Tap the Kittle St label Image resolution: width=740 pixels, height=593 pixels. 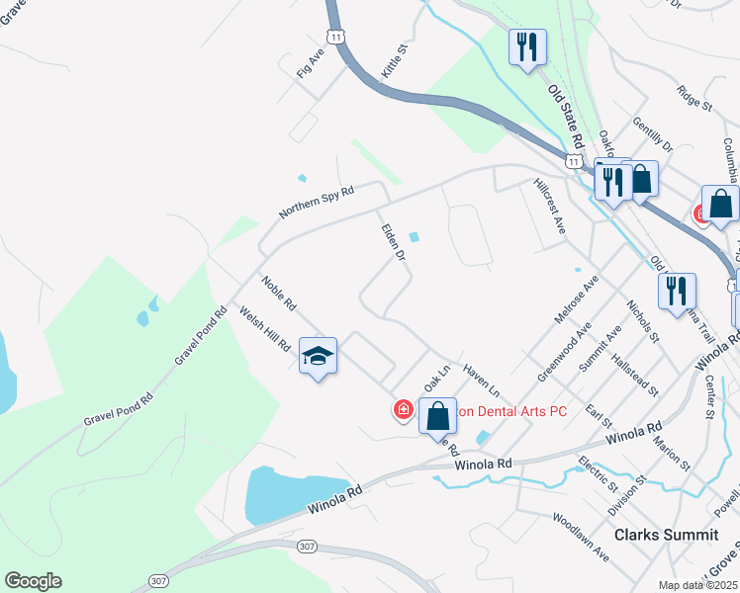point(395,61)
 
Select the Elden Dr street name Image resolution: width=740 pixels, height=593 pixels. point(394,242)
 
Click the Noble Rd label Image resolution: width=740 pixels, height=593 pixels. point(279,294)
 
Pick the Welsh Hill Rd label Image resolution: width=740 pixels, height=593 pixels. point(265,329)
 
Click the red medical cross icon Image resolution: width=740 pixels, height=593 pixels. point(404,409)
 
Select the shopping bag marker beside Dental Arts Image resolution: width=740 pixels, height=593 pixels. point(437,416)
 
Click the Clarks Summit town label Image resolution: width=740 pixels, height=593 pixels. point(666,534)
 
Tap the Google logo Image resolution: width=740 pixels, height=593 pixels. point(33,581)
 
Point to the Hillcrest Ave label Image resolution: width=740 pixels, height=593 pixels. point(548,206)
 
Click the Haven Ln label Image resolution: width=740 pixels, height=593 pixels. point(481,379)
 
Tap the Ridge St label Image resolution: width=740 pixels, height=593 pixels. point(694,97)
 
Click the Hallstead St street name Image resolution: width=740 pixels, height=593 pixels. point(634,376)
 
